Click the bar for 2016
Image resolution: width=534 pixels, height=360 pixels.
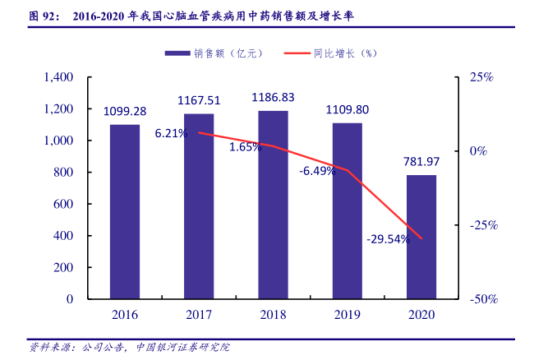click(125, 212)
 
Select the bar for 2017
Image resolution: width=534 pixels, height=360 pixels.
click(199, 207)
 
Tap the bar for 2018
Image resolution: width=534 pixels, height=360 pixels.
click(273, 205)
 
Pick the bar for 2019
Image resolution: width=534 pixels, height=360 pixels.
click(347, 211)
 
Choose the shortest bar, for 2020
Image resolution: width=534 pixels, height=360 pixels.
click(421, 238)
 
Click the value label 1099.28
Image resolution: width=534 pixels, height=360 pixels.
click(125, 111)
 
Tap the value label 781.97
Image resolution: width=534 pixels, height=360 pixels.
click(421, 162)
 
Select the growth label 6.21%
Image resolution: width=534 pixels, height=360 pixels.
click(170, 134)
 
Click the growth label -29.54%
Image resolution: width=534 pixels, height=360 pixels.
click(388, 239)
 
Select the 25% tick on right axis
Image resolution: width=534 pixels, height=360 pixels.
click(481, 77)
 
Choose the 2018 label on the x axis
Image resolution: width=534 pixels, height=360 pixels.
click(273, 315)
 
